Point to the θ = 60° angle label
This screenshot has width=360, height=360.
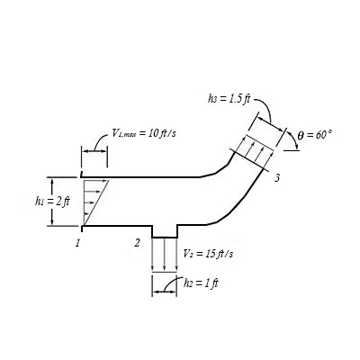coord(315,134)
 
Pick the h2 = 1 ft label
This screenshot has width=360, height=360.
coord(202,282)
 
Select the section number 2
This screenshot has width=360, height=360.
coord(137,242)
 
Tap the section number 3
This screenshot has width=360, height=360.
coord(277,178)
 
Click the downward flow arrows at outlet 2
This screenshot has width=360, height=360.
coord(164,255)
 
